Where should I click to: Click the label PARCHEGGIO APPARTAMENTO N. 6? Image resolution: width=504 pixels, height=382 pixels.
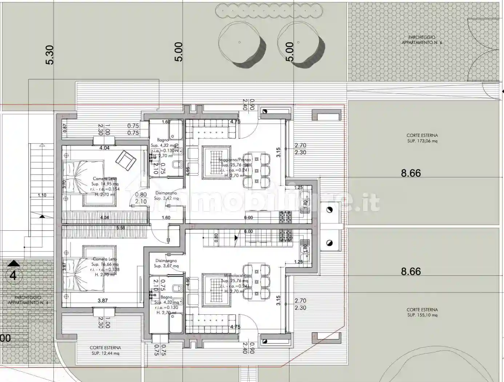pyautogui.click(x=421, y=40)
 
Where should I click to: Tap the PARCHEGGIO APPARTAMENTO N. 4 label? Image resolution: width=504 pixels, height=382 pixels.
pyautogui.click(x=28, y=300)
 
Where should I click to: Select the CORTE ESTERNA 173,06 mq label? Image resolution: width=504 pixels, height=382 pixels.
pyautogui.click(x=422, y=138)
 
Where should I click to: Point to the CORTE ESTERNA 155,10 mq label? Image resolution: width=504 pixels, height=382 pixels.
pyautogui.click(x=422, y=313)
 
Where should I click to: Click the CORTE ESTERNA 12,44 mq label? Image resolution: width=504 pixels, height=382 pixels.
pyautogui.click(x=105, y=350)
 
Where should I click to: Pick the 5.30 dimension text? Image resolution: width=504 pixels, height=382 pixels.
pyautogui.click(x=50, y=55)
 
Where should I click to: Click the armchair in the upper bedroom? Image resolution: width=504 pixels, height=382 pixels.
pyautogui.click(x=126, y=160)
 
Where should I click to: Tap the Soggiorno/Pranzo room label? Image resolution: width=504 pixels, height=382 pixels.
pyautogui.click(x=235, y=160)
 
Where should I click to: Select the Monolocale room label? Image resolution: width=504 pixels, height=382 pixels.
pyautogui.click(x=235, y=276)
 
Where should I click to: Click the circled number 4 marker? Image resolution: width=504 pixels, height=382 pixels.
pyautogui.click(x=13, y=275)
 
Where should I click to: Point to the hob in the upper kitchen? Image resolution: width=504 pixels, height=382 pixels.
pyautogui.click(x=285, y=217)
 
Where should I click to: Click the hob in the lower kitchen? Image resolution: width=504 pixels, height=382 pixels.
pyautogui.click(x=285, y=235)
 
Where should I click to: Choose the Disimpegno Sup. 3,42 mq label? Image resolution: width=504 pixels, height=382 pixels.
pyautogui.click(x=166, y=196)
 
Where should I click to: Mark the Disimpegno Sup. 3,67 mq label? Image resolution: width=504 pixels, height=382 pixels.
pyautogui.click(x=166, y=263)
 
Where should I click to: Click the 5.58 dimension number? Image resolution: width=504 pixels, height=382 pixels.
pyautogui.click(x=120, y=228)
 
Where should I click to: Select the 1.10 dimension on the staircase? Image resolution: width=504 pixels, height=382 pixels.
pyautogui.click(x=42, y=195)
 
